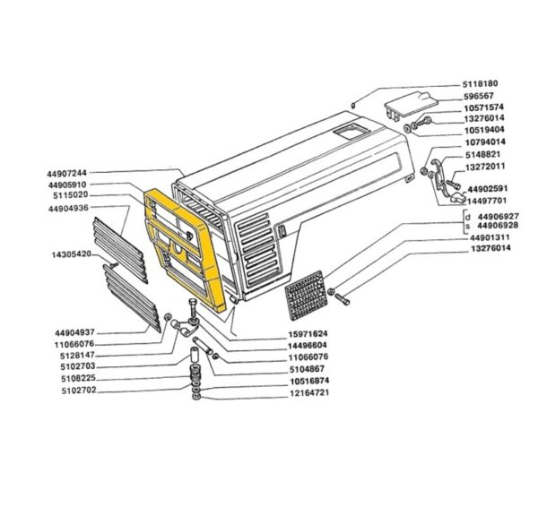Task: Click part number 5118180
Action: click(480, 84)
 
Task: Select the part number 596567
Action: click(478, 96)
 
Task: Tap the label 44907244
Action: click(67, 173)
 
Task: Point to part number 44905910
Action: click(67, 185)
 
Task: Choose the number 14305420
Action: click(72, 254)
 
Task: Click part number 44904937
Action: click(74, 333)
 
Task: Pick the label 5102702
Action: click(79, 391)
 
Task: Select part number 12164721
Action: click(309, 392)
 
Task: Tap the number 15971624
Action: click(308, 333)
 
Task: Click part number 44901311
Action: click(490, 237)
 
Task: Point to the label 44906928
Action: click(498, 226)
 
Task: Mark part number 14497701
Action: click(487, 200)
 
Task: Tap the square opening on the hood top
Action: click(351, 132)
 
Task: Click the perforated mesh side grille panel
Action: click(307, 295)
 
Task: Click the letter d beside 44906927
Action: click(468, 217)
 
